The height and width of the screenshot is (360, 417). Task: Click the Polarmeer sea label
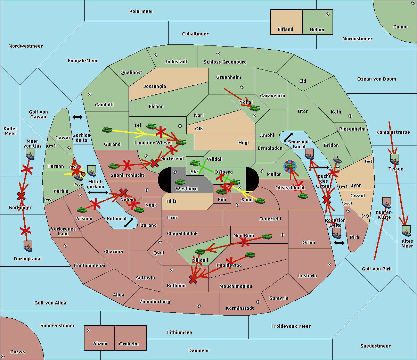click(x=141, y=11)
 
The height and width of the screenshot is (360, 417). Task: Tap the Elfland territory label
click(x=285, y=30)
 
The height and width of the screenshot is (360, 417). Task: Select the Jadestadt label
click(x=176, y=62)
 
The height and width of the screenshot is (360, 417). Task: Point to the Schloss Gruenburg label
click(x=225, y=62)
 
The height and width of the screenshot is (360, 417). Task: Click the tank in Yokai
click(x=254, y=108)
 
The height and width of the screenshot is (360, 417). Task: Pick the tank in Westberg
click(x=180, y=182)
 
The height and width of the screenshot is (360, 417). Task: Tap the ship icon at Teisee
click(x=394, y=159)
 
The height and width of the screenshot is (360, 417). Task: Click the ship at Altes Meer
click(x=406, y=231)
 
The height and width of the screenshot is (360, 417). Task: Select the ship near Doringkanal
click(x=28, y=246)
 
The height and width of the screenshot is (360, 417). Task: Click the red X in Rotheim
click(x=193, y=279)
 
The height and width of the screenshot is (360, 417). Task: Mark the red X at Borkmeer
click(x=21, y=196)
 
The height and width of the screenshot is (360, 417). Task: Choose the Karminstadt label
click(x=240, y=308)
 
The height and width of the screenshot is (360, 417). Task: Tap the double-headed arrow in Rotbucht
click(x=129, y=223)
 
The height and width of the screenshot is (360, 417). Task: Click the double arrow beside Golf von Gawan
click(x=77, y=117)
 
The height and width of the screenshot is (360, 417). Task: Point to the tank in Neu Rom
click(x=267, y=236)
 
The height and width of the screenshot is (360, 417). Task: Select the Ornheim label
click(x=129, y=344)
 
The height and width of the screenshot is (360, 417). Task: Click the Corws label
click(x=18, y=352)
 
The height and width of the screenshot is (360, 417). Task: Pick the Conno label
click(x=400, y=27)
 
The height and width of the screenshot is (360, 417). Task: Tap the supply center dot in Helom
click(x=327, y=14)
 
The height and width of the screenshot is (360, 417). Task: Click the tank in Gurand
click(x=107, y=130)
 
